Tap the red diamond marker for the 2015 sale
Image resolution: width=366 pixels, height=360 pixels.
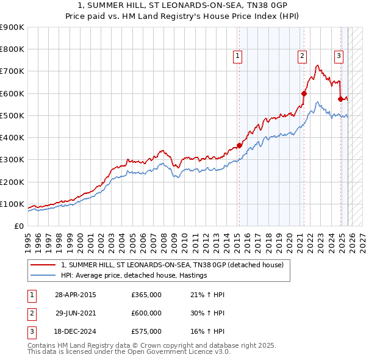(239, 145)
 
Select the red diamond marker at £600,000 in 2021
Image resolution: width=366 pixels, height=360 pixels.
(303, 93)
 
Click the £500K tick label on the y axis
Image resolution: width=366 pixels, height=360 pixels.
(12, 115)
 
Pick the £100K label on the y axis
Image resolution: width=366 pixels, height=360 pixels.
(12, 204)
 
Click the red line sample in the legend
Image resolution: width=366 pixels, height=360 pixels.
(43, 265)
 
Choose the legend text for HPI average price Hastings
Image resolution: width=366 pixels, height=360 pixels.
(134, 275)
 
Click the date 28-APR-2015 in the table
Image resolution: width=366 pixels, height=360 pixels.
(75, 295)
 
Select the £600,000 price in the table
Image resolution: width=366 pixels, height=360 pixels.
(146, 313)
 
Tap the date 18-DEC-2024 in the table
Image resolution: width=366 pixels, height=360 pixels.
(75, 331)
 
